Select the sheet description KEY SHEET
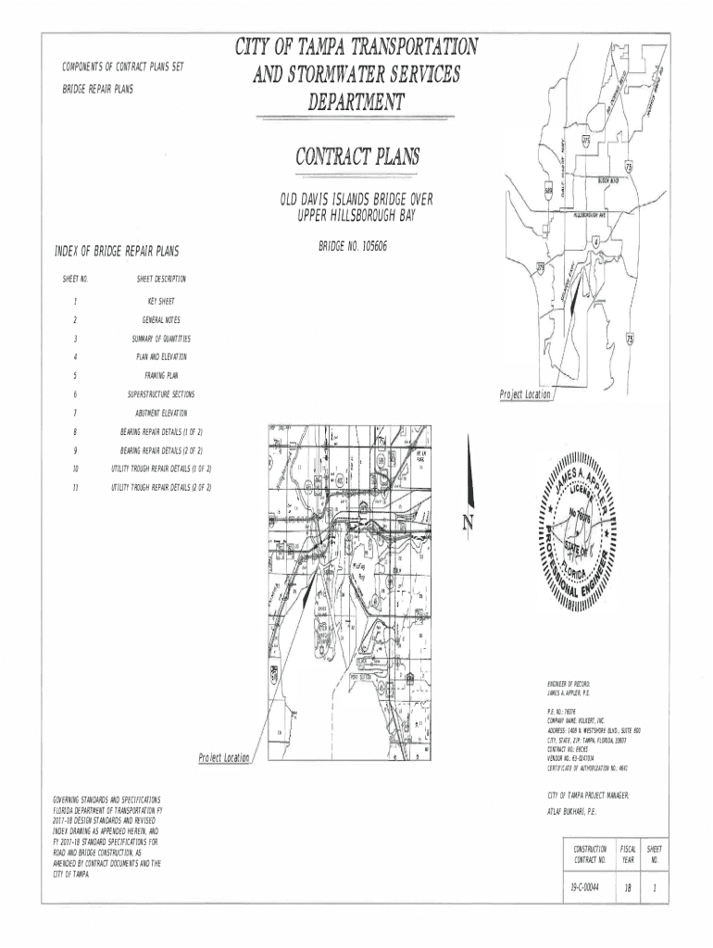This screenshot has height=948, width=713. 161,301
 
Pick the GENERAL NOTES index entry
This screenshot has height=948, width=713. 161,319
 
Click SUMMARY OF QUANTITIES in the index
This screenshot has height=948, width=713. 161,338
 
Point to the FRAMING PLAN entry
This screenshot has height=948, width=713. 161,375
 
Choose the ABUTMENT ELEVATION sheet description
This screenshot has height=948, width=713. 161,412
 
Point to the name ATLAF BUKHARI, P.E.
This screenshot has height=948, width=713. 572,811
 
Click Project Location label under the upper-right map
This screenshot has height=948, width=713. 525,394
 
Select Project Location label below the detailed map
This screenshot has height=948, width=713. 224,758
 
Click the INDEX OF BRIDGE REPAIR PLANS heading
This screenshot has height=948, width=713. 118,252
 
